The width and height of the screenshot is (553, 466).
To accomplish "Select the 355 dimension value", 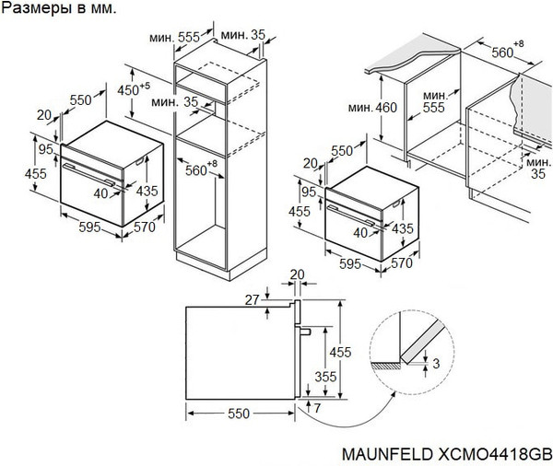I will tap(324, 377).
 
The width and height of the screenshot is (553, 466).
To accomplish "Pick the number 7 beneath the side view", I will tap(317, 407).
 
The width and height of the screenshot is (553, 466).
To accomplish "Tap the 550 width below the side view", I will tap(239, 415).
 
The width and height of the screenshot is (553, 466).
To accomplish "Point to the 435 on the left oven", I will tap(147, 190).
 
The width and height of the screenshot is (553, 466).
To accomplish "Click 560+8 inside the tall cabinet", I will tap(197, 169).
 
